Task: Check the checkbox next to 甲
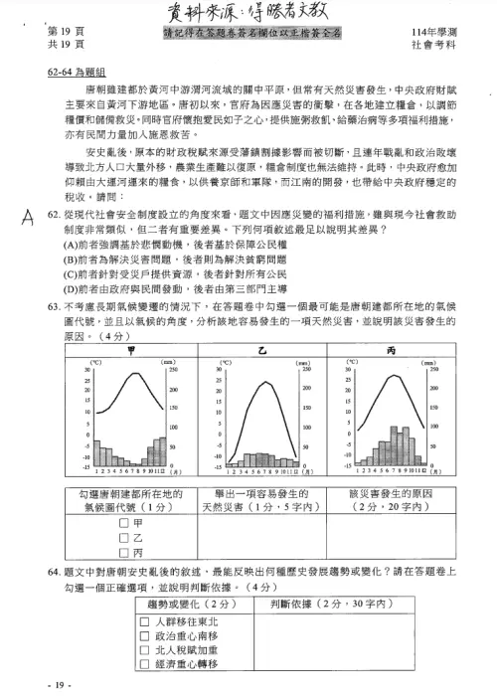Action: (x=124, y=522)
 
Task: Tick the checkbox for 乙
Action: (x=124, y=537)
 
